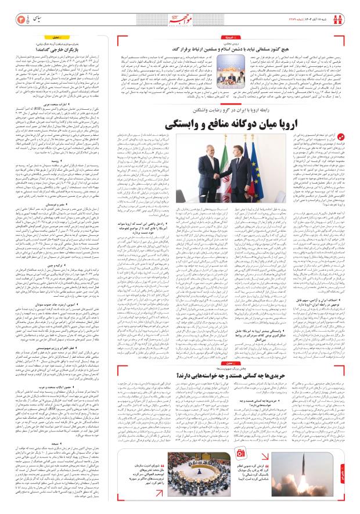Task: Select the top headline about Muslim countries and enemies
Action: click(x=261, y=50)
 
